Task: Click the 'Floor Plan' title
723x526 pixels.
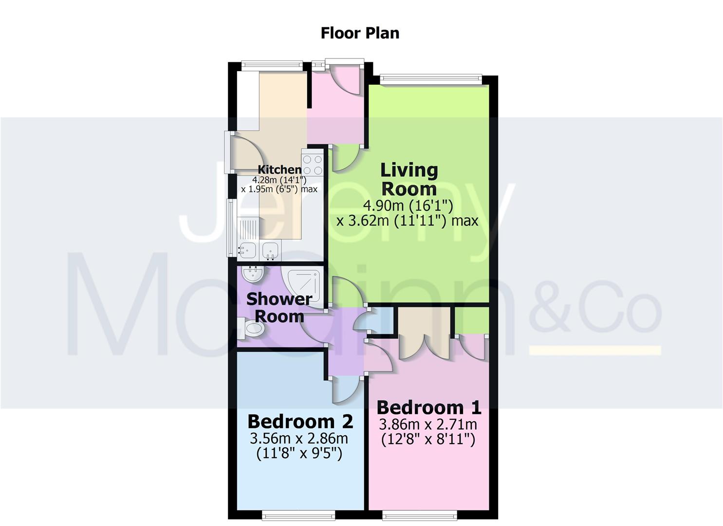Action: tap(360, 33)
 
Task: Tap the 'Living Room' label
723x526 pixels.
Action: tap(409, 179)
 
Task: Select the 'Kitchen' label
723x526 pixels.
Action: tap(279, 169)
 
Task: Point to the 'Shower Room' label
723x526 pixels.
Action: tap(279, 307)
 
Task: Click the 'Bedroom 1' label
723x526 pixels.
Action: tap(428, 407)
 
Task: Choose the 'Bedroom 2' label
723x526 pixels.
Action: tap(300, 421)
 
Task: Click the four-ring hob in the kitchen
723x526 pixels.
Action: tap(312, 165)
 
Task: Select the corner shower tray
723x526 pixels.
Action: tap(304, 287)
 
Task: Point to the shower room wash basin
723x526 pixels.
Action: tap(252, 273)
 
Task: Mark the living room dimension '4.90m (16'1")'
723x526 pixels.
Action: tap(408, 205)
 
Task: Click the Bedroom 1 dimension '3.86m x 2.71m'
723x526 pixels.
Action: tap(428, 424)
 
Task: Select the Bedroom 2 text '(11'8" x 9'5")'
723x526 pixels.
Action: tap(299, 453)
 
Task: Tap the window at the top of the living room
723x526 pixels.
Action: tap(431, 78)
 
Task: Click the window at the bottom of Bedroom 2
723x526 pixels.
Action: tap(298, 514)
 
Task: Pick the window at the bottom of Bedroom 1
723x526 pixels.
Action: tap(420, 514)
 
